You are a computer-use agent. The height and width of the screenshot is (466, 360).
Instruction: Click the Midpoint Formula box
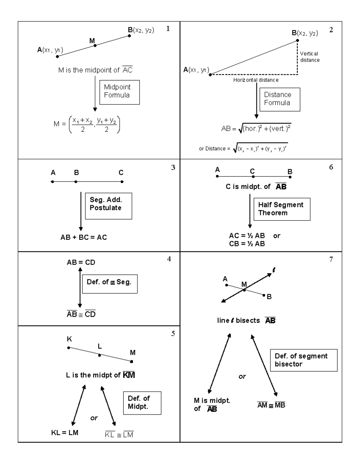click(119, 92)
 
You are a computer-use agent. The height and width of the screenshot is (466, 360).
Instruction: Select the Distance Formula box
click(280, 99)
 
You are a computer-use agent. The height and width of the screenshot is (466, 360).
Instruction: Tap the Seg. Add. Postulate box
click(108, 206)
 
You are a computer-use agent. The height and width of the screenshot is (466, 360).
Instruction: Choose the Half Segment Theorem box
click(282, 209)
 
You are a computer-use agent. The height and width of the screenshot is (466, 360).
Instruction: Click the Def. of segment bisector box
click(304, 360)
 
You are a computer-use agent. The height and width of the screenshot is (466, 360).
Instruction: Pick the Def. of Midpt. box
click(142, 403)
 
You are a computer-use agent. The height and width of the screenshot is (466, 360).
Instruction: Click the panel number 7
click(331, 259)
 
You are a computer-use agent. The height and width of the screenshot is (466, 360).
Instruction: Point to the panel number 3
click(173, 168)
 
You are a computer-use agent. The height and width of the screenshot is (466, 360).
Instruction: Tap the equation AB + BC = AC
click(84, 237)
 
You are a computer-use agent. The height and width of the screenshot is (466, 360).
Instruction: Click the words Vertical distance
click(310, 57)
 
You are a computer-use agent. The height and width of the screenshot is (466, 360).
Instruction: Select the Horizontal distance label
click(256, 80)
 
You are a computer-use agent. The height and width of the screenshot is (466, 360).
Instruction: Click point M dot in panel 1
click(95, 45)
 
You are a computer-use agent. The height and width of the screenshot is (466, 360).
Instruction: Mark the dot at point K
click(69, 347)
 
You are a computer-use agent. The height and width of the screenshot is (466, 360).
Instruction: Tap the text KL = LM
click(65, 433)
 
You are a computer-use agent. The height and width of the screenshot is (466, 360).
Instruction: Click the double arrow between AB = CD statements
click(80, 287)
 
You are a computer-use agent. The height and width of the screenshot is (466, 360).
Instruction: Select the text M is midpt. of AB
click(211, 404)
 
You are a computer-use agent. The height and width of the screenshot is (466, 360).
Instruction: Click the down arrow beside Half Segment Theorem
click(250, 211)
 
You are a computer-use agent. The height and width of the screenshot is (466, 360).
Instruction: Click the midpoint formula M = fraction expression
click(87, 124)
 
